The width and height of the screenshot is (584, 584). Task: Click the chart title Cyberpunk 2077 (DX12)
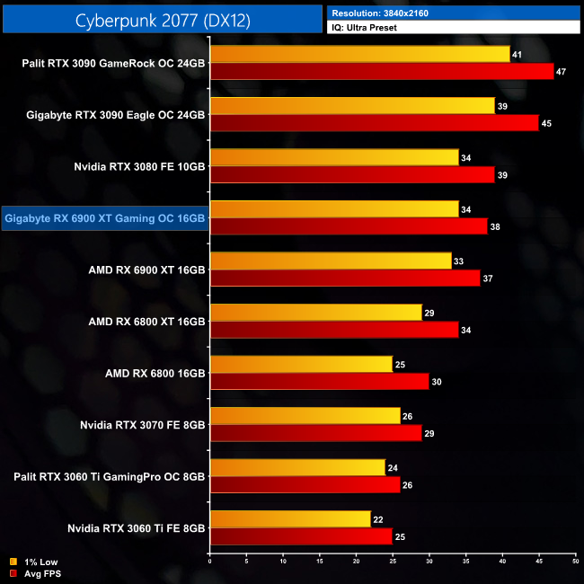[x=162, y=19]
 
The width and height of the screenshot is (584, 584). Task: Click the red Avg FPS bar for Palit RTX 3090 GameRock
[x=381, y=71]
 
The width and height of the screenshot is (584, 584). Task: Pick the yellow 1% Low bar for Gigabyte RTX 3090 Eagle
[x=352, y=106]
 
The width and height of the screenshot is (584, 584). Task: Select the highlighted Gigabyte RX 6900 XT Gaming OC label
[x=105, y=217]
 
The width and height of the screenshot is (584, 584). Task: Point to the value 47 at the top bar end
[x=562, y=72]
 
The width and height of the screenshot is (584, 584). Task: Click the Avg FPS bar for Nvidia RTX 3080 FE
[x=352, y=174]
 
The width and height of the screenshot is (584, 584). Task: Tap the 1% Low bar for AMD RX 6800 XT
[x=315, y=313]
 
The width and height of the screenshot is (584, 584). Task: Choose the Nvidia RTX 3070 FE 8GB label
[x=143, y=424]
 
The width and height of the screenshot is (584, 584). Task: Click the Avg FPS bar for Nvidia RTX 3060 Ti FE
[x=301, y=536]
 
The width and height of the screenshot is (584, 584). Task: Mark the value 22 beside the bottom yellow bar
[x=377, y=519]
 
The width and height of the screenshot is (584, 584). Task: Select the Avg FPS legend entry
[x=34, y=572]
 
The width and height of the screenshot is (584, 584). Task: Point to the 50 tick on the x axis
[x=575, y=562]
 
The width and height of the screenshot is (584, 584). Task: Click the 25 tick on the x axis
[x=393, y=562]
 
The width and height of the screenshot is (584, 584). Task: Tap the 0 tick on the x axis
[x=209, y=562]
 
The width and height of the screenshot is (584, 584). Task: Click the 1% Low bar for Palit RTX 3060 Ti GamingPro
[x=297, y=467]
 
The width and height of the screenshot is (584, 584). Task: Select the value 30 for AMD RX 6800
[x=437, y=381]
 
